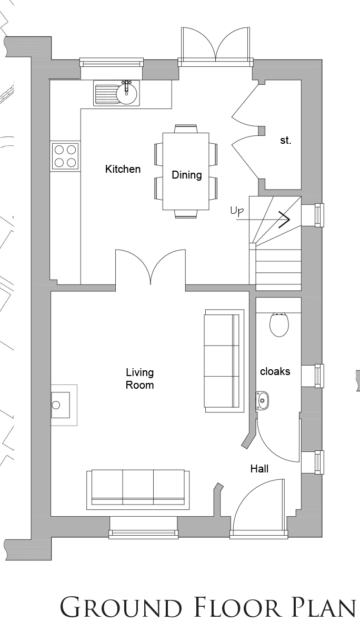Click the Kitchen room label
pyautogui.click(x=123, y=169)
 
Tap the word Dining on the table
pyautogui.click(x=187, y=175)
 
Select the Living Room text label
pyautogui.click(x=140, y=379)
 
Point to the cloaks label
pyautogui.click(x=275, y=371)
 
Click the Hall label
pyautogui.click(x=259, y=469)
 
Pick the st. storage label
pyautogui.click(x=286, y=140)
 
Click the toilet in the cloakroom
pyautogui.click(x=279, y=324)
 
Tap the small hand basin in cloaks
pyautogui.click(x=262, y=401)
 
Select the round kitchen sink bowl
pyautogui.click(x=127, y=92)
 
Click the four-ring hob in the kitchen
pyautogui.click(x=65, y=156)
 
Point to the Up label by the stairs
pyautogui.click(x=237, y=211)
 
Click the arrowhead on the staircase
pyautogui.click(x=284, y=220)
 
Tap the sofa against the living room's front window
pyautogui.click(x=138, y=489)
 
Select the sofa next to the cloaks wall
pyautogui.click(x=224, y=361)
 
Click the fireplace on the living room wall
pyautogui.click(x=64, y=405)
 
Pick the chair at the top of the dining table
pyautogui.click(x=186, y=129)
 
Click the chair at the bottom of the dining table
pyautogui.click(x=186, y=214)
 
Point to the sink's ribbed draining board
pyautogui.click(x=105, y=94)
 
